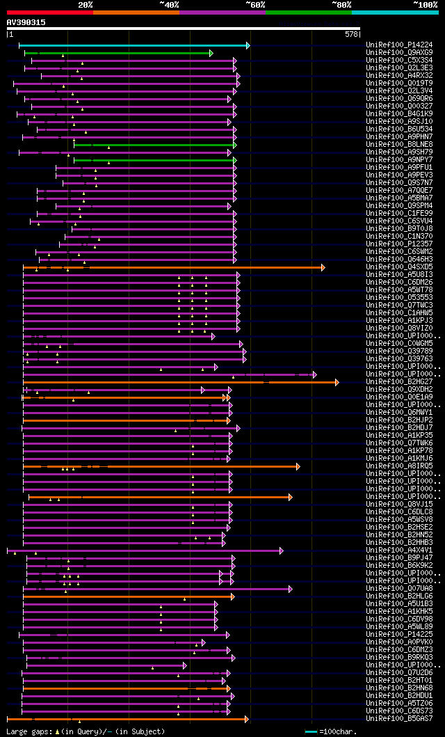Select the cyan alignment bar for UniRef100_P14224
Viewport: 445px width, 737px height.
tap(132, 45)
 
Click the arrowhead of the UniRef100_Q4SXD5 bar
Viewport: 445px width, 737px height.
tap(323, 267)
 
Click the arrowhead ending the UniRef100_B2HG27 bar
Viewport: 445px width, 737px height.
tap(337, 382)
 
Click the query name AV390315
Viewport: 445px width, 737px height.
tap(26, 22)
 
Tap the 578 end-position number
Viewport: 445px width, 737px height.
tap(351, 34)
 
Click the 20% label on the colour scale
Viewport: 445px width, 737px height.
tap(86, 5)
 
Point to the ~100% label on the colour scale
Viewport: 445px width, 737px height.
tap(425, 5)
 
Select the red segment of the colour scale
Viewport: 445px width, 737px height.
tap(49, 12)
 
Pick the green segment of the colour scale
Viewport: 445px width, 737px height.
tap(308, 12)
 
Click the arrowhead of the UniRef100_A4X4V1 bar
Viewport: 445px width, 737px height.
tap(281, 550)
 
